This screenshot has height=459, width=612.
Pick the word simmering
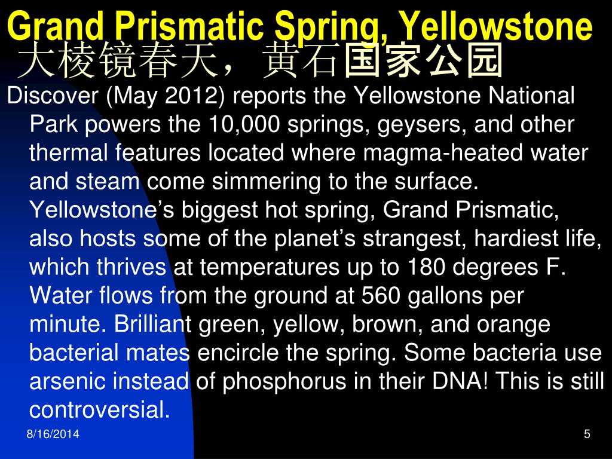point(265,182)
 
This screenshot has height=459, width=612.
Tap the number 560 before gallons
point(381,296)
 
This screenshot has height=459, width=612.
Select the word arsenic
point(68,381)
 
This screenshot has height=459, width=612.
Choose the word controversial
point(100,410)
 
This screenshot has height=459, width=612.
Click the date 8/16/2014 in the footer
point(53,434)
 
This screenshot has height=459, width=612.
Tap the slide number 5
point(587,434)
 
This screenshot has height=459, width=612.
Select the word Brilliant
point(152,325)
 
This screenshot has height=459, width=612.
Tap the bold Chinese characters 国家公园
point(423,61)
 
